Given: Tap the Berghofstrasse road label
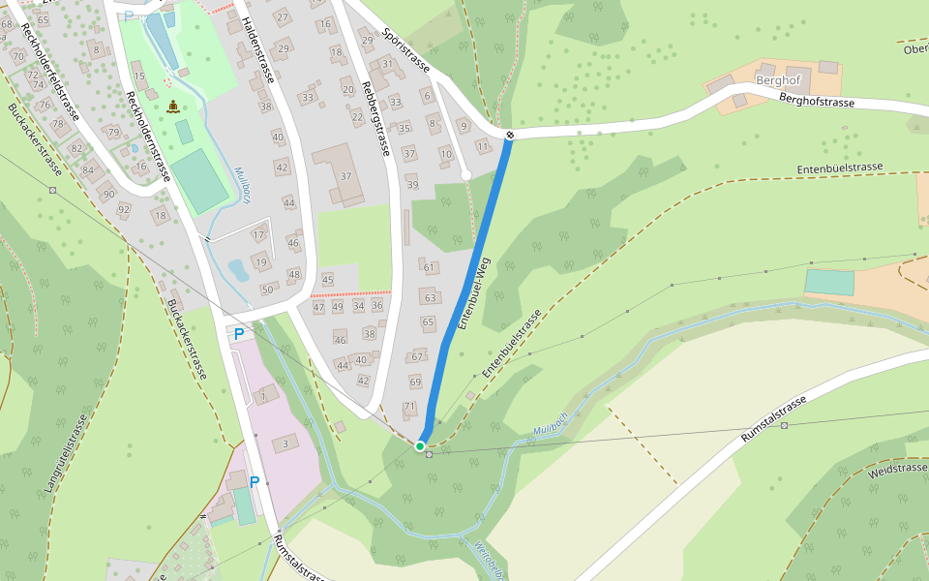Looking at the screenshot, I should coord(817,101).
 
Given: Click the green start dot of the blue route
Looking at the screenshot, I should coord(420,445).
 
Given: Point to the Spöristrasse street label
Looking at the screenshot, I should coord(405,48).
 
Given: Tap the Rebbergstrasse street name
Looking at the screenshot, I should coord(375,117).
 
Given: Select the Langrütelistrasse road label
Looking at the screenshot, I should coord(66,455).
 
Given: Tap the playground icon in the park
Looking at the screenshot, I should coord(173,107).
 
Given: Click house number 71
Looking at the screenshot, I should coord(409,407).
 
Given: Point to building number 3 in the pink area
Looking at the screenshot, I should coord(285,443).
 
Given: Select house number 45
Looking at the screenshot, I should coord(327,281).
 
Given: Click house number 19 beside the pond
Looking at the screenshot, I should coord(260,262).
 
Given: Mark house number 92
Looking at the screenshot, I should coord(123,209).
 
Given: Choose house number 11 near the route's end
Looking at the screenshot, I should coord(483,146).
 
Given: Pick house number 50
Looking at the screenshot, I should coord(267,290).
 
